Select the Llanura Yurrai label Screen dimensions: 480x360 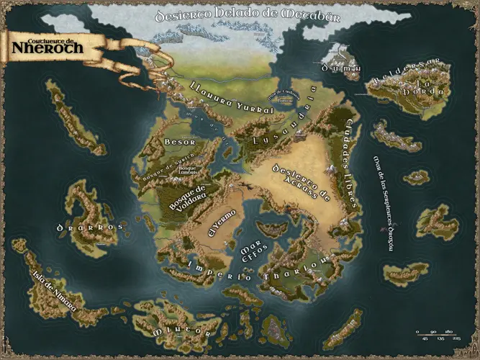coord(231,99)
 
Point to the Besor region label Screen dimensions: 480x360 coord(175,143)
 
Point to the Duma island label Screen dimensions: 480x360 coord(335,68)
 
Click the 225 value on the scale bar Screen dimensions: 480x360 coord(457,339)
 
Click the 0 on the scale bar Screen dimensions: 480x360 coord(417,331)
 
